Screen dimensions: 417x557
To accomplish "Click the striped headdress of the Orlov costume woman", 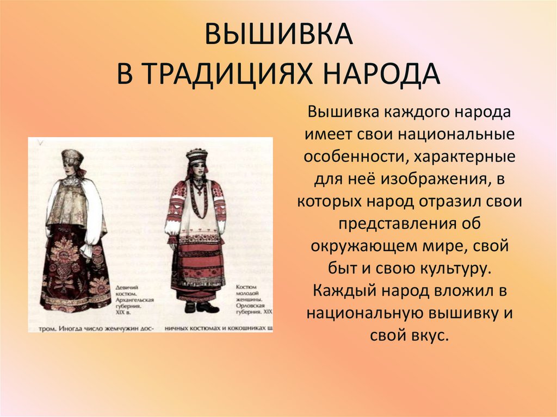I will pyautogui.click(x=197, y=155).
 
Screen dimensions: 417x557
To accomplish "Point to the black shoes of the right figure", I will pyautogui.click(x=199, y=307).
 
